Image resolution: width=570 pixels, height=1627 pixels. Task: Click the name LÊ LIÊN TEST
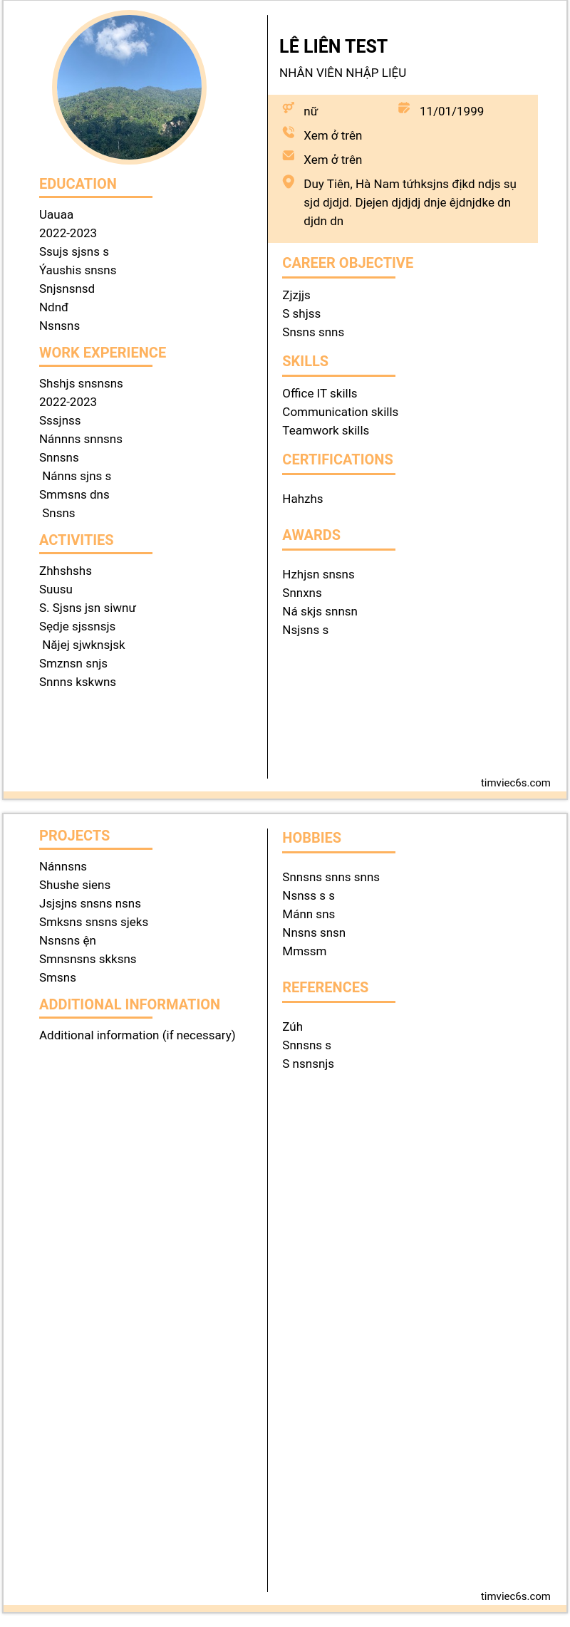tap(333, 47)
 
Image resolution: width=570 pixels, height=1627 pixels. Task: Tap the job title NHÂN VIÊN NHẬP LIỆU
tap(342, 73)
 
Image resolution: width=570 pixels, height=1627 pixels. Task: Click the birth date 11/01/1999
tap(451, 111)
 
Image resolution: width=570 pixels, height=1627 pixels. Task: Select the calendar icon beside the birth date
tap(404, 108)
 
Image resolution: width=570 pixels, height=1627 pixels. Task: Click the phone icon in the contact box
tap(289, 132)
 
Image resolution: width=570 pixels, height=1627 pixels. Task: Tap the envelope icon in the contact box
tap(289, 156)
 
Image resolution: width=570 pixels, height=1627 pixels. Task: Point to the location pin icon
tap(289, 182)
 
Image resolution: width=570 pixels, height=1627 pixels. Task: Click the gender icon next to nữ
tap(289, 108)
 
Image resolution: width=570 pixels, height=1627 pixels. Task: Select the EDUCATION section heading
tap(78, 184)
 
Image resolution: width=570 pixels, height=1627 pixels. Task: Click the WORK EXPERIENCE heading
tap(102, 353)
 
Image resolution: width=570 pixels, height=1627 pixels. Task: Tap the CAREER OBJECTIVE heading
tap(348, 263)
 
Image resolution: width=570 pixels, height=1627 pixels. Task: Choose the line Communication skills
tap(340, 412)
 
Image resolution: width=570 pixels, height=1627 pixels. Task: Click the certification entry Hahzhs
tap(302, 499)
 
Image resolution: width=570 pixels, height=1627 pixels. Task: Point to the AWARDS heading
tap(311, 535)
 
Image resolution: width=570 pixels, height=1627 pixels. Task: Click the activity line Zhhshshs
tap(65, 571)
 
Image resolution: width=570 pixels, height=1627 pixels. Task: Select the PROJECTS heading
tap(74, 836)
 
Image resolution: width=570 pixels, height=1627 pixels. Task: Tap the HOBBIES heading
tap(311, 838)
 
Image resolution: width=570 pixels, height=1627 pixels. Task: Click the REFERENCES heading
tap(325, 987)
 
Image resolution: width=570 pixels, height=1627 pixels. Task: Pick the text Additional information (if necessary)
tap(137, 1035)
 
